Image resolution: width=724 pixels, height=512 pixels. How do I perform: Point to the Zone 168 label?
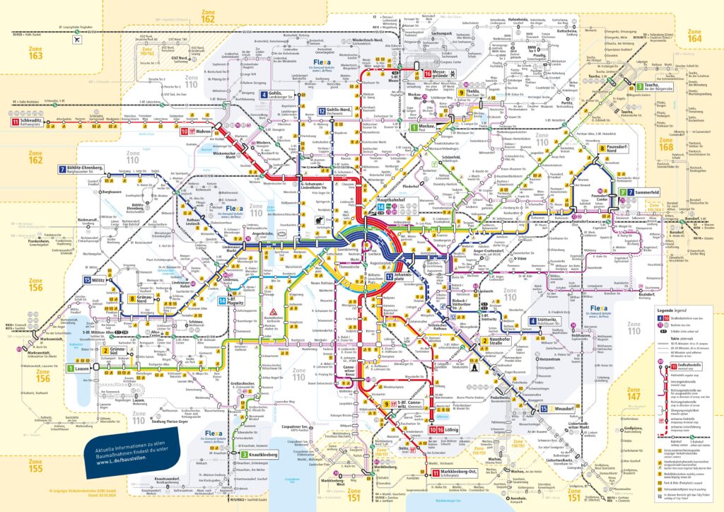tap(684, 144)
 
